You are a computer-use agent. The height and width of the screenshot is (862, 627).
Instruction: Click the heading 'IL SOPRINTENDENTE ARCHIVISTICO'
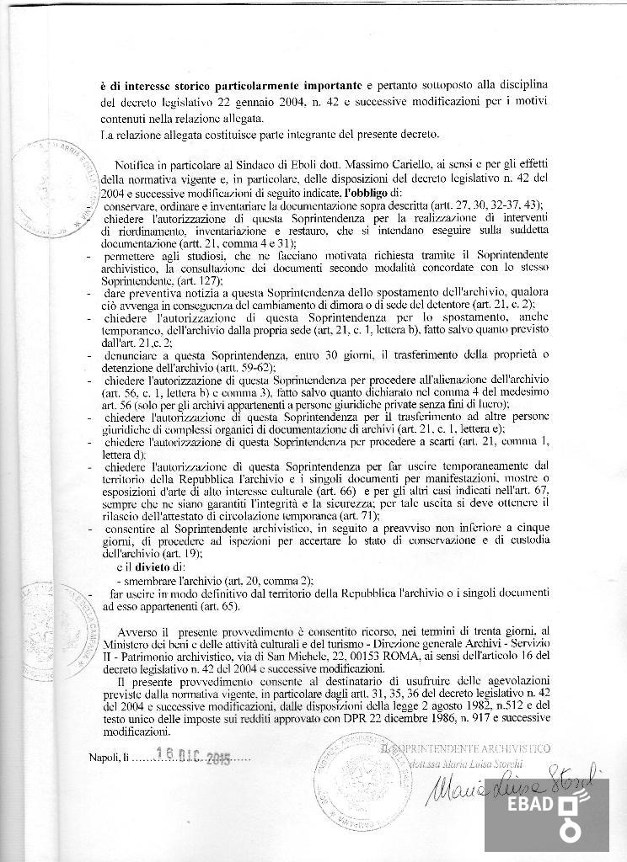pos(466,748)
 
